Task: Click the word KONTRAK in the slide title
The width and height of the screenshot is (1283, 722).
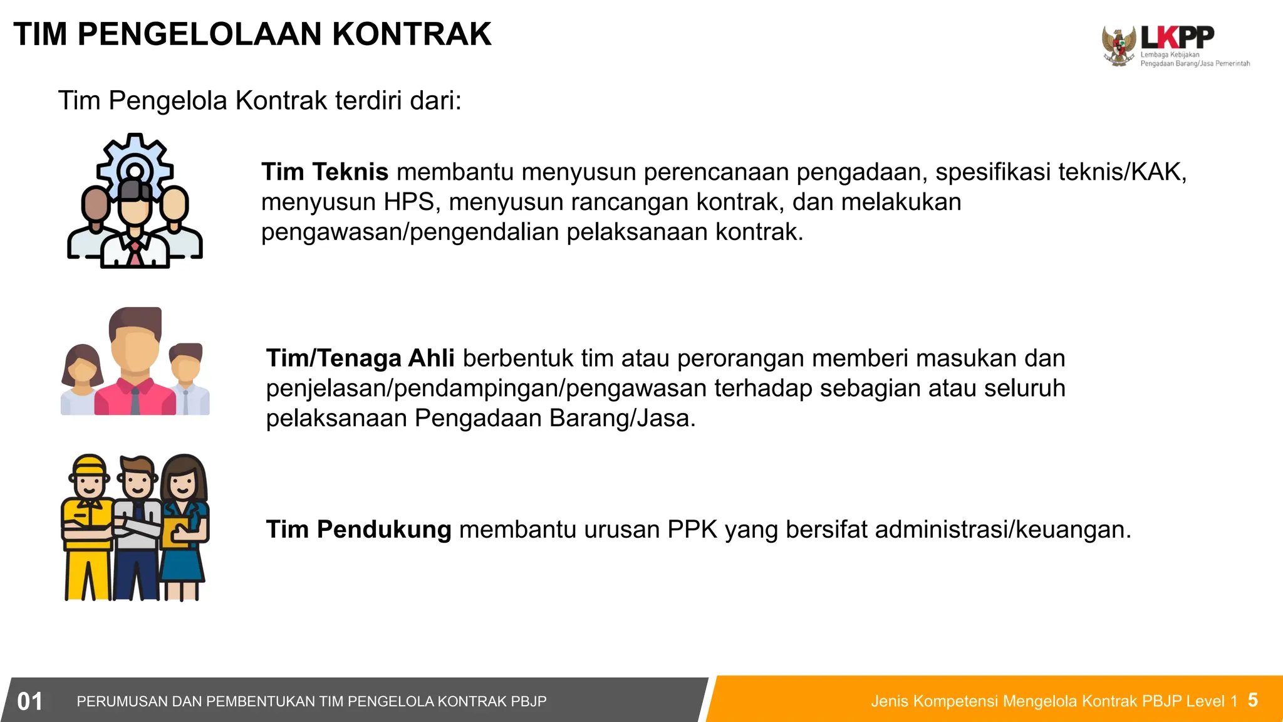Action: pos(412,34)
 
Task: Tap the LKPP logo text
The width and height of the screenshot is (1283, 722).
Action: pos(1177,38)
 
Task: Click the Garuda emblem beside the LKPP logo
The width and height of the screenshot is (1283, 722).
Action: pos(1119,46)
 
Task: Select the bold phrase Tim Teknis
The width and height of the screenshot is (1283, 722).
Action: pos(325,172)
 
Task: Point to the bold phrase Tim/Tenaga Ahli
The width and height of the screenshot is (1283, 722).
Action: pos(360,358)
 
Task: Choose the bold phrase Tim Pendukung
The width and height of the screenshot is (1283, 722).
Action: pos(358,530)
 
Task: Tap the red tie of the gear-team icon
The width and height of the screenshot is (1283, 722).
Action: pos(135,253)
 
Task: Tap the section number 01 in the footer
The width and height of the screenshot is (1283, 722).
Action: pos(29,701)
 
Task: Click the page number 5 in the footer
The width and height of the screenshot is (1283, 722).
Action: pos(1252,700)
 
